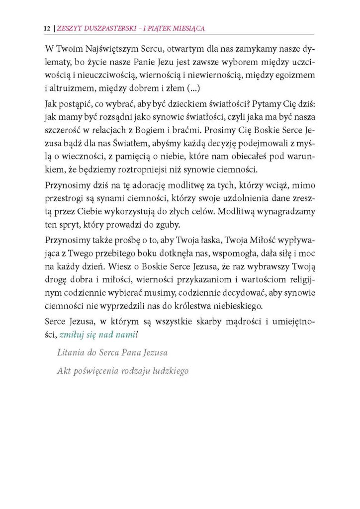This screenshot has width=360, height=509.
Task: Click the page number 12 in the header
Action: click(x=47, y=29)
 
